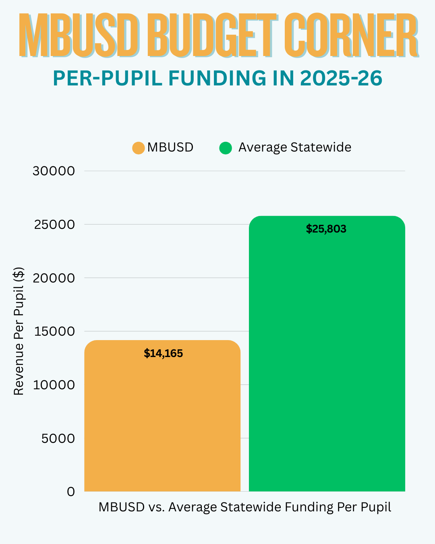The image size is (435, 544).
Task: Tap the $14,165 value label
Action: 163,353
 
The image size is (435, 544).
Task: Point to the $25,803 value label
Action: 326,229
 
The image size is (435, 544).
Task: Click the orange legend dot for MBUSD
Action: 138,148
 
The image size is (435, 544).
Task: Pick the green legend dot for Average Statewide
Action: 226,148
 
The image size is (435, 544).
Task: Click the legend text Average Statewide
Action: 294,147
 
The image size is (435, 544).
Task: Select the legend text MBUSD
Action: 170,147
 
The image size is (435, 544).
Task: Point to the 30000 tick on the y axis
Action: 54,171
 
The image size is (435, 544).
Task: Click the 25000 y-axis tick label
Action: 54,224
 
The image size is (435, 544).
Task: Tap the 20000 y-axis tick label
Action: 54,278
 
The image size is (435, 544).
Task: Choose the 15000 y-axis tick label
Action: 54,331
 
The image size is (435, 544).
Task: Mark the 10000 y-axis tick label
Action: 54,385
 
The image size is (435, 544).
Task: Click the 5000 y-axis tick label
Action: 58,438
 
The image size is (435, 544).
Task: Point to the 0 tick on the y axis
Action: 71,492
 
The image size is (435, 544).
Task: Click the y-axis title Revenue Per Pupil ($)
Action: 19,331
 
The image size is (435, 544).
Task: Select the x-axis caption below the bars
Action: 244,507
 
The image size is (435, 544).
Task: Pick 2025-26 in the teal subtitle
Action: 341,78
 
